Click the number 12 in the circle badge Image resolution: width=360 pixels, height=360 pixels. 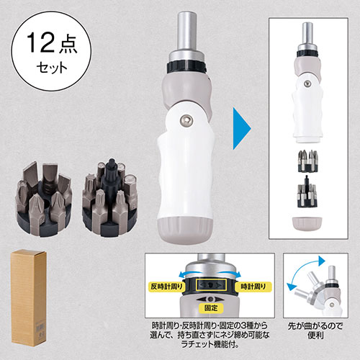pyautogui.click(x=40, y=42)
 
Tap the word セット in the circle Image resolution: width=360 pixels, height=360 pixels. pyautogui.click(x=52, y=68)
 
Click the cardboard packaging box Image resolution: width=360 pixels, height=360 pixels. pyautogui.click(x=29, y=297)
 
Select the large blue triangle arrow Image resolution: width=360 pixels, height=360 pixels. pyautogui.click(x=242, y=128)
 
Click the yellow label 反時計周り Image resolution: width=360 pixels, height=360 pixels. pyautogui.click(x=166, y=287)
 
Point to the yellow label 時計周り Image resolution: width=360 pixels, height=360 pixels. pyautogui.click(x=253, y=287)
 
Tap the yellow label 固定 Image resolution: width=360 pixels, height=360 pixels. pyautogui.click(x=211, y=308)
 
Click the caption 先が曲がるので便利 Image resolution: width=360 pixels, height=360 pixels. pyautogui.click(x=315, y=330)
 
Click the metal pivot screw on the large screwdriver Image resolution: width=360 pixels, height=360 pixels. pyautogui.click(x=186, y=121)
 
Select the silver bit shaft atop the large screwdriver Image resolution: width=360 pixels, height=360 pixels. pyautogui.click(x=187, y=32)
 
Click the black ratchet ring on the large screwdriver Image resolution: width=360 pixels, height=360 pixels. pyautogui.click(x=186, y=66)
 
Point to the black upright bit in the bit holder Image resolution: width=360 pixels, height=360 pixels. pyautogui.click(x=111, y=172)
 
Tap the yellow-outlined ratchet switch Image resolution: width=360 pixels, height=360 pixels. pyautogui.click(x=211, y=285)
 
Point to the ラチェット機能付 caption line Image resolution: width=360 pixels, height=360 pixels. pyautogui.click(x=210, y=345)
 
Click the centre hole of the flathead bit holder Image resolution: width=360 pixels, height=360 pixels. pyautogui.click(x=45, y=204)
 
